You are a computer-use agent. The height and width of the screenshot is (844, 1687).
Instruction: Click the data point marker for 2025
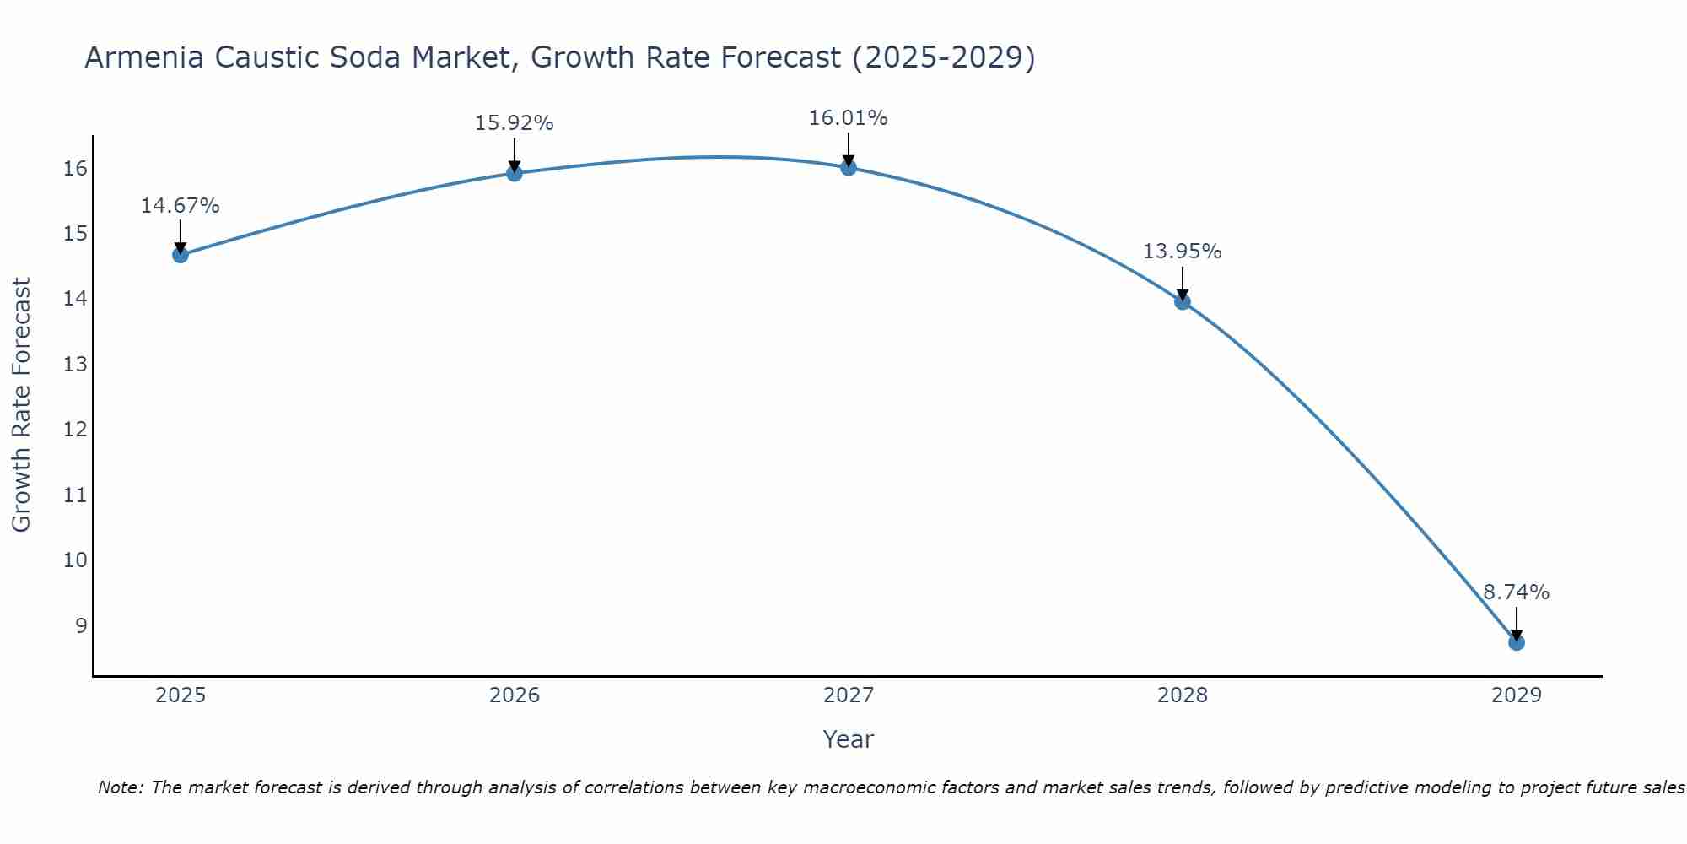click(181, 255)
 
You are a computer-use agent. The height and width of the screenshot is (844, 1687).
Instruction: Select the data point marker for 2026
click(515, 173)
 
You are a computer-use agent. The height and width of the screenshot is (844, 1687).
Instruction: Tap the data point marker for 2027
click(849, 167)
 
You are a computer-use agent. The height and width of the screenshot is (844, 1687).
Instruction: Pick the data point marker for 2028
click(1183, 301)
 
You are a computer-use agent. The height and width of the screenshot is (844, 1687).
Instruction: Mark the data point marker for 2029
click(1517, 642)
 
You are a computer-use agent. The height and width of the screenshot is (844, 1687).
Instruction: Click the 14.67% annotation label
click(181, 206)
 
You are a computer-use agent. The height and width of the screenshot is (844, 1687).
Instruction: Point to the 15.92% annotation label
click(515, 123)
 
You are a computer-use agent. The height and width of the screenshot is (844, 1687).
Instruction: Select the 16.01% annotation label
click(849, 118)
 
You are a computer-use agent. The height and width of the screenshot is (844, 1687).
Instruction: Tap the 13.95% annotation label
click(1183, 252)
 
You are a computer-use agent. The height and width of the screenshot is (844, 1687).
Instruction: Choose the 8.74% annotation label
click(1517, 592)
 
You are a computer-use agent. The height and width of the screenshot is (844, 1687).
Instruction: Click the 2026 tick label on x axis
click(515, 695)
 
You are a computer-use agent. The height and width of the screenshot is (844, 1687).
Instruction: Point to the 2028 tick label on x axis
click(1183, 695)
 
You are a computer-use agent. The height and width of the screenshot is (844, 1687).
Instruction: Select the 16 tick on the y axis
click(75, 169)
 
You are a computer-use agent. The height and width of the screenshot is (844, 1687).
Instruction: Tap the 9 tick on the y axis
click(81, 626)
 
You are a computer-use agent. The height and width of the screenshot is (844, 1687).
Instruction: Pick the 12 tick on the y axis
click(75, 430)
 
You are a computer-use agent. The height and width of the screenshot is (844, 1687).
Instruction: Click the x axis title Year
click(849, 739)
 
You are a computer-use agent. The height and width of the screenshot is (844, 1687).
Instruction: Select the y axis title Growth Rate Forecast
click(21, 405)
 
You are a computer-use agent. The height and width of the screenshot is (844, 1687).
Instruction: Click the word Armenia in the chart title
click(144, 57)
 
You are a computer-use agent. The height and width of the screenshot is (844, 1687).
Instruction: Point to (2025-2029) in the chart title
click(943, 57)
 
